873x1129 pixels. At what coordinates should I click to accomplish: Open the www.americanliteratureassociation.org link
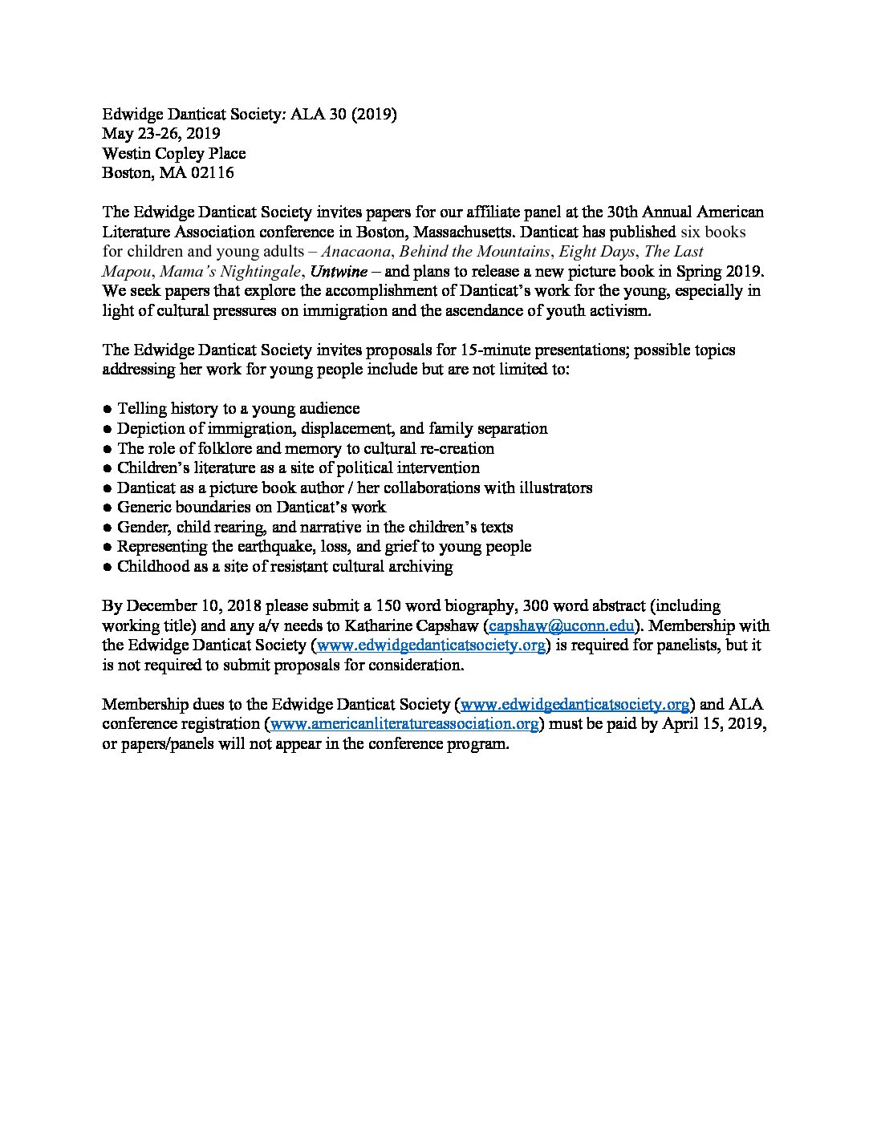tap(404, 724)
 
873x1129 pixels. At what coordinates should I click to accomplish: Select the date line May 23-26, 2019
tap(161, 133)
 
